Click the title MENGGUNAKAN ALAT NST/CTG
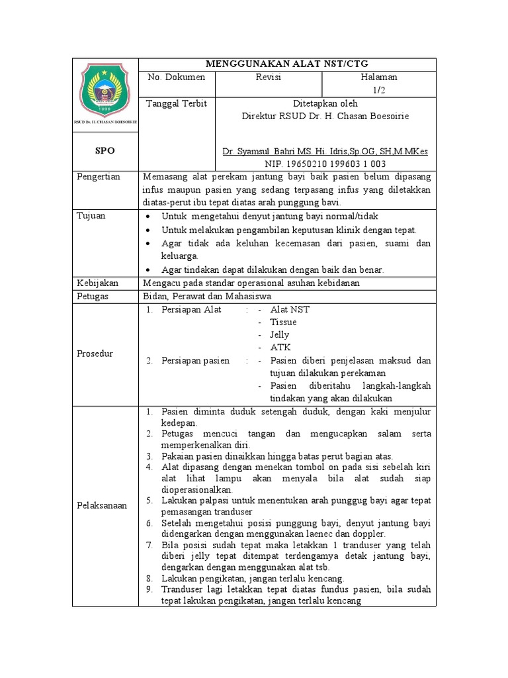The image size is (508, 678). (287, 64)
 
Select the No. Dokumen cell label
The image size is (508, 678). (177, 77)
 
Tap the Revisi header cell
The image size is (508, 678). (269, 77)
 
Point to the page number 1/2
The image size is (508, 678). (379, 90)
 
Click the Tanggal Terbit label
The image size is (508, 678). (177, 104)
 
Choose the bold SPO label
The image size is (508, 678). (105, 151)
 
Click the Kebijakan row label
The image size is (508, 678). (97, 283)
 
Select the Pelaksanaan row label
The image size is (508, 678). (101, 505)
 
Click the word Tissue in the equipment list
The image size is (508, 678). (283, 322)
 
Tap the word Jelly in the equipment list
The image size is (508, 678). (280, 334)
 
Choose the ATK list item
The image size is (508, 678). (280, 347)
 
